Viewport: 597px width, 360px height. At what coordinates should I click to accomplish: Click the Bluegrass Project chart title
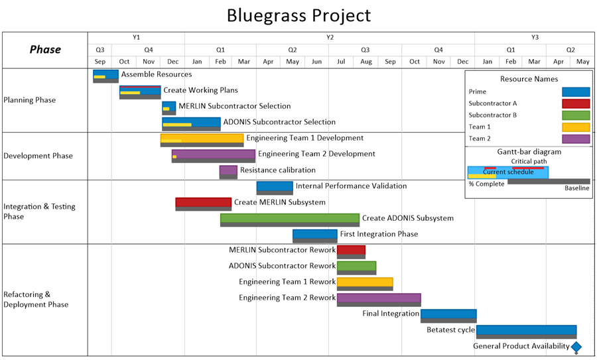pos(298,15)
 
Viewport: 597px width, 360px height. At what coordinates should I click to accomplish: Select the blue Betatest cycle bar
pos(526,330)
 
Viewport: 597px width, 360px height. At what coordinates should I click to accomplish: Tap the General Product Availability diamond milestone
pos(576,347)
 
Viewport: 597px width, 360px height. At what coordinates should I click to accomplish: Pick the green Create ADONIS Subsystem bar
pos(289,218)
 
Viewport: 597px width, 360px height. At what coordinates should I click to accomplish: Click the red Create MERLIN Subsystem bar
pos(203,202)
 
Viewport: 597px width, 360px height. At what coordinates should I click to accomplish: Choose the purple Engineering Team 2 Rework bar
pos(378,298)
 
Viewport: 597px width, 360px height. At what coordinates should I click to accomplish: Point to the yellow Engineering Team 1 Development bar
pos(202,139)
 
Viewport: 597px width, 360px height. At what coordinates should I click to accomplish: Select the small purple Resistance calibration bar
pos(228,170)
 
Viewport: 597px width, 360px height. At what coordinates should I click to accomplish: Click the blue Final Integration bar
pos(448,314)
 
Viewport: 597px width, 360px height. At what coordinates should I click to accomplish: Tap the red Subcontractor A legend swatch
pos(575,103)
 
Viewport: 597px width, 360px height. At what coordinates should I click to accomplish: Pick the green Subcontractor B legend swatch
pos(575,115)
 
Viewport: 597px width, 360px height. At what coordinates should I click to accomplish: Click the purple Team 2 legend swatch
pos(575,139)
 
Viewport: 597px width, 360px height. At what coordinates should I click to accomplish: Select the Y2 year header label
pos(329,37)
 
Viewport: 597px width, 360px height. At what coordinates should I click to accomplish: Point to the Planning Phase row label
pos(30,100)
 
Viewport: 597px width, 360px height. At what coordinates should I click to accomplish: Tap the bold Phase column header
pos(45,50)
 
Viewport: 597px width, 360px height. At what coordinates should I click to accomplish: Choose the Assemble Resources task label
pos(156,74)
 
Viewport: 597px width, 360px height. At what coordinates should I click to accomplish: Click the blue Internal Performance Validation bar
pos(275,186)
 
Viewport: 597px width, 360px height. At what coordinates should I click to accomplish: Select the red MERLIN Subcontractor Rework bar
pos(351,250)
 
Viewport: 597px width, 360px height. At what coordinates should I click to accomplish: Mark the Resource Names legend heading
pos(529,79)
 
